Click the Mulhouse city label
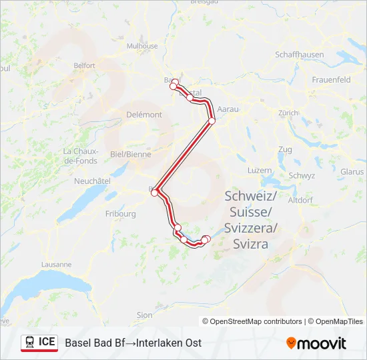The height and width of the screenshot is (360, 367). (x=143, y=46)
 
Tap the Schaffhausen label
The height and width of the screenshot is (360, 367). (x=299, y=55)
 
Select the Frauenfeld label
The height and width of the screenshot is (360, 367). (x=331, y=79)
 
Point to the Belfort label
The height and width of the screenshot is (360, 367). (x=84, y=65)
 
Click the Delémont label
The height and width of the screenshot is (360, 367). (x=143, y=115)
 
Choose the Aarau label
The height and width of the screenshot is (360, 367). (x=229, y=108)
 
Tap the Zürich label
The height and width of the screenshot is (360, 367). (x=288, y=113)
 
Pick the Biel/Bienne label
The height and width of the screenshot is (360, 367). (x=131, y=154)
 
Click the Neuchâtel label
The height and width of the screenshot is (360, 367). (x=92, y=181)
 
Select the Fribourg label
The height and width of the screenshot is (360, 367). (x=121, y=214)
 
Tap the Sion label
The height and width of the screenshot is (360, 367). (x=144, y=315)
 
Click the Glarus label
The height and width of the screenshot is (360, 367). (x=352, y=171)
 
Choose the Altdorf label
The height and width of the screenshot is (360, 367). (x=300, y=199)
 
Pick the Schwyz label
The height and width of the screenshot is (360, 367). (x=302, y=175)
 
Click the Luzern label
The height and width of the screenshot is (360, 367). (x=260, y=170)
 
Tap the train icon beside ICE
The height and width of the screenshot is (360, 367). (x=30, y=342)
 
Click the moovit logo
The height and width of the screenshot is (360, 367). (x=316, y=343)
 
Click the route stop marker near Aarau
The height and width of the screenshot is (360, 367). (x=212, y=121)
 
